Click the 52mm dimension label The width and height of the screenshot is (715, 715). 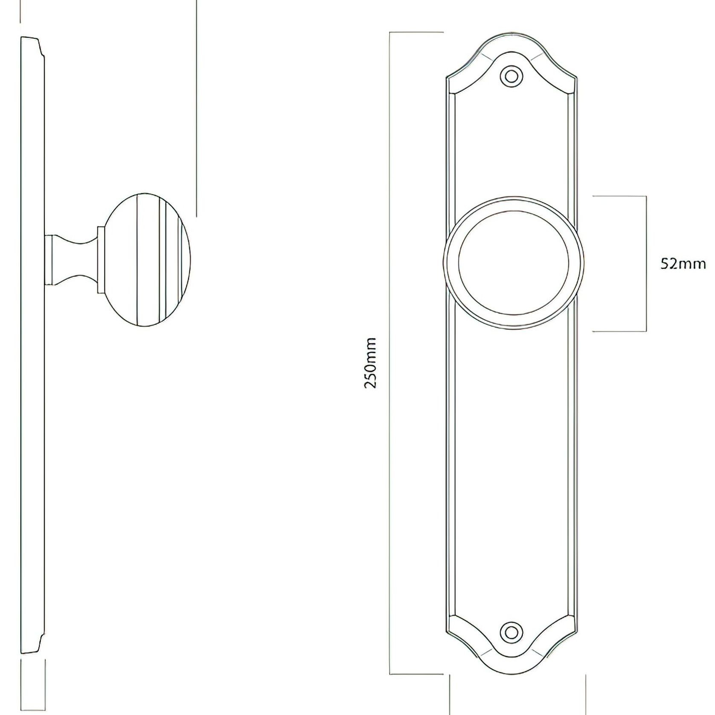(x=683, y=264)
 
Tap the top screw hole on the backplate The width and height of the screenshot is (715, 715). (x=511, y=77)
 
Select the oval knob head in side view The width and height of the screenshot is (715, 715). (x=147, y=260)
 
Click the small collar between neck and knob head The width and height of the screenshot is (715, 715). (x=101, y=260)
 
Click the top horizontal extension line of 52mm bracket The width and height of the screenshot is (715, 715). (x=619, y=196)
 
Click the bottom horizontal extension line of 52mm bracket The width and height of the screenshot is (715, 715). (x=619, y=331)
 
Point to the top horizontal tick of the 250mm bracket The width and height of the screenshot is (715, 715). (x=416, y=32)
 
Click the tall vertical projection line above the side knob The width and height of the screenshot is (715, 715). (x=197, y=107)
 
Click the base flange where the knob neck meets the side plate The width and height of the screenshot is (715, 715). (x=49, y=260)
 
